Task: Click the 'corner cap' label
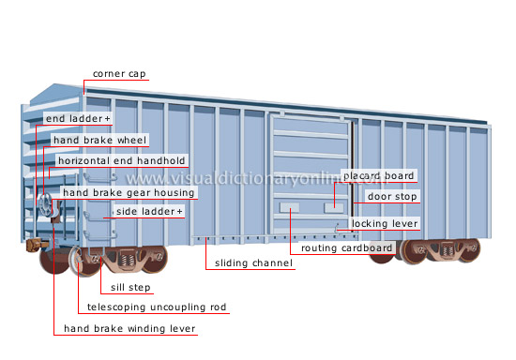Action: click(119, 73)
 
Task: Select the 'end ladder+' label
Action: click(78, 120)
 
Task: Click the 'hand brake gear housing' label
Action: click(129, 193)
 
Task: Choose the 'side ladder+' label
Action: click(149, 212)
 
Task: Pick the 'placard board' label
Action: click(378, 175)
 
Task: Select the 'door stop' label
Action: click(392, 197)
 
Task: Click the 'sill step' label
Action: click(132, 288)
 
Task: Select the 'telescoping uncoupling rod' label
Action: click(157, 307)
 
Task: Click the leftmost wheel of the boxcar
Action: click(54, 260)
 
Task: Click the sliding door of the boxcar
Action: click(310, 178)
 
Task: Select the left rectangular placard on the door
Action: click(290, 205)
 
